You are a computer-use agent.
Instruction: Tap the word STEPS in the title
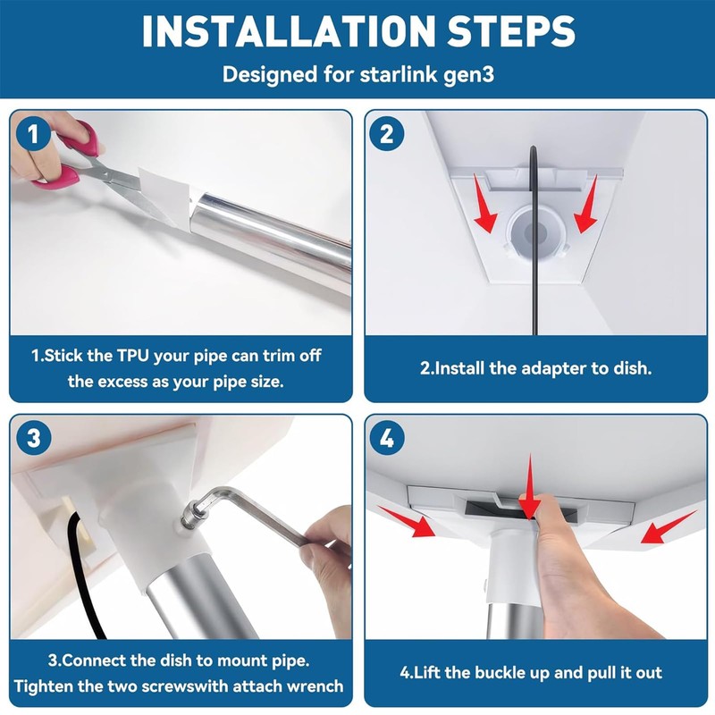[510, 31]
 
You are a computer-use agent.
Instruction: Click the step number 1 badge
[33, 134]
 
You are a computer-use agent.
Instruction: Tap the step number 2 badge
[387, 134]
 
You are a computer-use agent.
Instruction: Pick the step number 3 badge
[33, 438]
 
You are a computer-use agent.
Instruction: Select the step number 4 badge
[387, 438]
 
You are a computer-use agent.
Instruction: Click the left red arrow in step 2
[484, 203]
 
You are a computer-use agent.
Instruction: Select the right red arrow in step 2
[586, 204]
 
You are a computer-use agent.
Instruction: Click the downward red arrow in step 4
[530, 487]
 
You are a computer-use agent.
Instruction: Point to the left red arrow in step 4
[407, 522]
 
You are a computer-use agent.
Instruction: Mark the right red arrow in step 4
[669, 526]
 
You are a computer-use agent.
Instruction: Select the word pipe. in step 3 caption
[291, 660]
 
